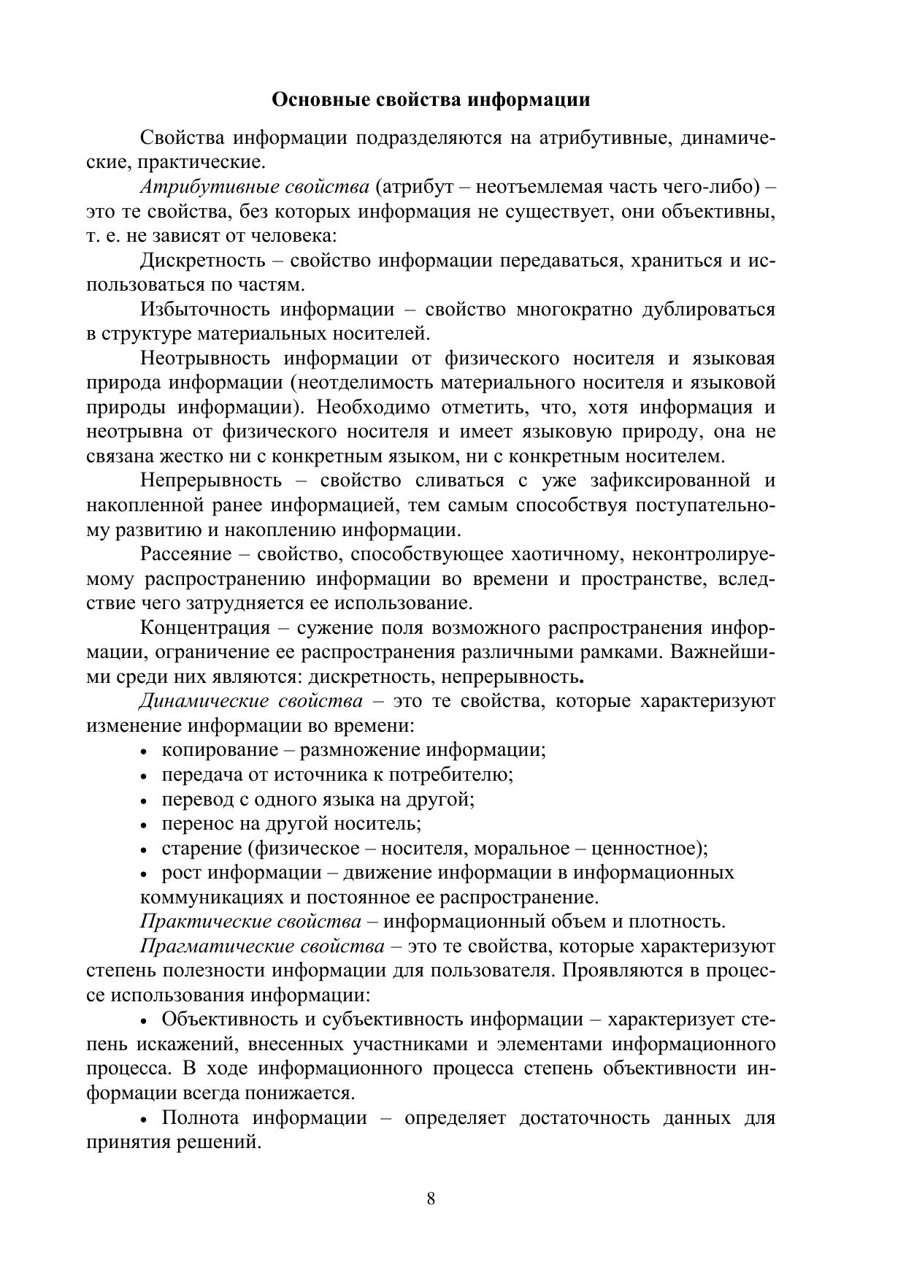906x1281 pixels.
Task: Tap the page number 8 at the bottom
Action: click(x=431, y=1198)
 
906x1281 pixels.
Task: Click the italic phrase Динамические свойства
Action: click(x=250, y=701)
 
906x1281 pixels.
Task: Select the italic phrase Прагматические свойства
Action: click(x=262, y=947)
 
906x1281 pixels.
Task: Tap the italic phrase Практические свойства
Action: click(x=250, y=922)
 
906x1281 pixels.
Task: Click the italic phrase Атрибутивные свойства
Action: click(x=255, y=187)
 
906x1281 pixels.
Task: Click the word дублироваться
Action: click(x=708, y=310)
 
